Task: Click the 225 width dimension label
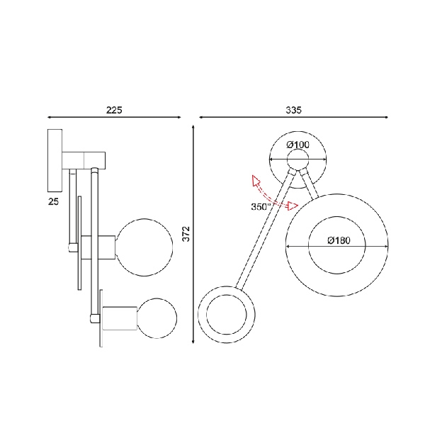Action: tap(114, 110)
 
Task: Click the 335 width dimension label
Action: tap(293, 110)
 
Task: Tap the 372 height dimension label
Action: tap(186, 234)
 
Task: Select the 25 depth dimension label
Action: tap(53, 202)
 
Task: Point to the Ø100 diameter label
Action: tap(297, 145)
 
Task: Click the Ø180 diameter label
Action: tap(339, 240)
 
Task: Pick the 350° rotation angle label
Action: tap(261, 206)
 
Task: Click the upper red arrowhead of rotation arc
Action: tap(256, 180)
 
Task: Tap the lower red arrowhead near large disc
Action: tap(293, 206)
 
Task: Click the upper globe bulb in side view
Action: tap(144, 247)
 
